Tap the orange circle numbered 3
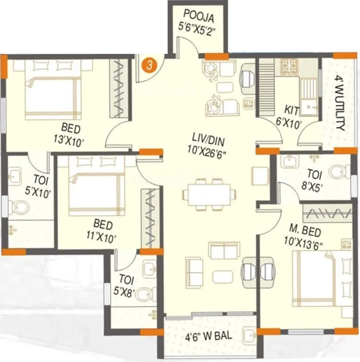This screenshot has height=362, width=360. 149,65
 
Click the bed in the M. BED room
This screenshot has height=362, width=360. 321,278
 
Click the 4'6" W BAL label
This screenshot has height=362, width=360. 206,338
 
